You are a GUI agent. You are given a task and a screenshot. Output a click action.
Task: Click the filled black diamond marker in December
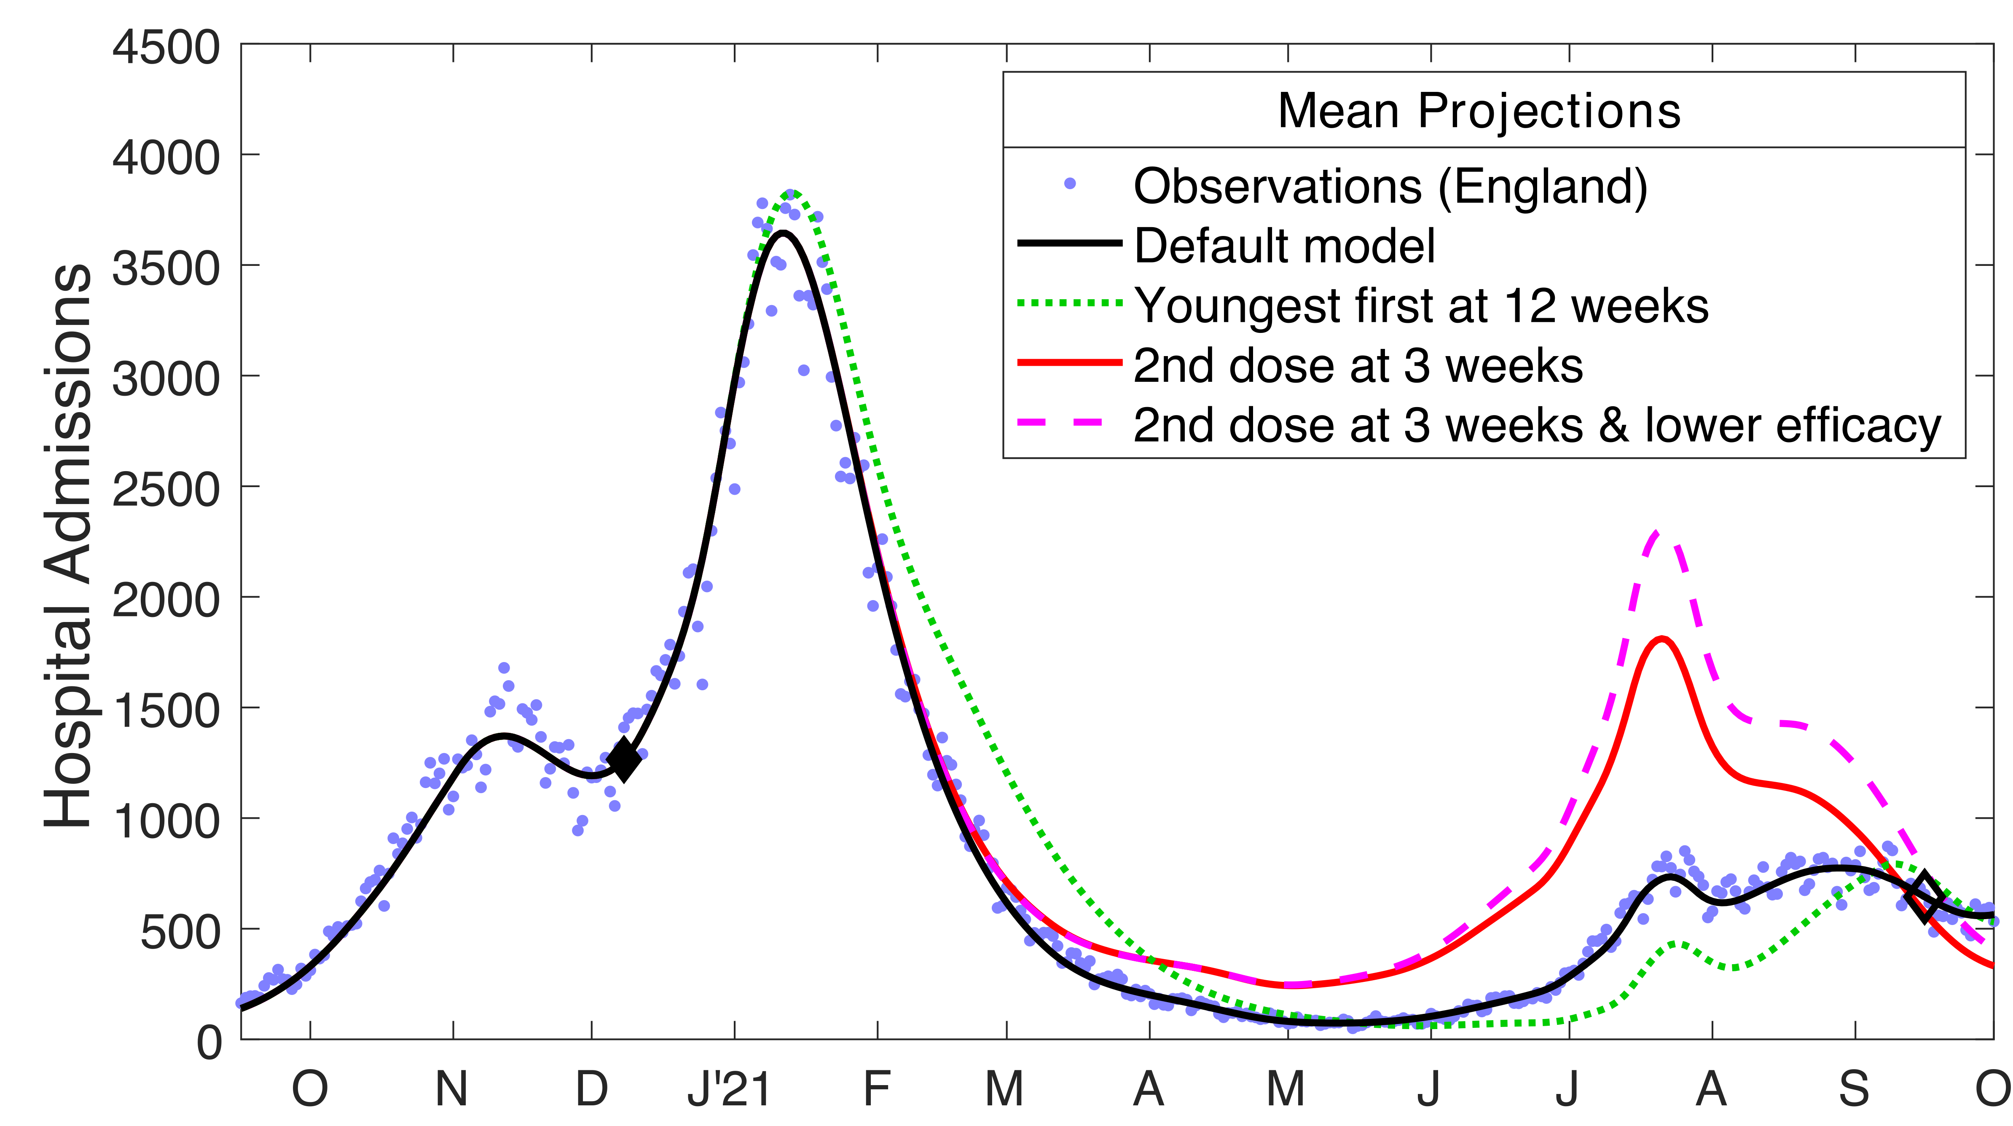point(624,759)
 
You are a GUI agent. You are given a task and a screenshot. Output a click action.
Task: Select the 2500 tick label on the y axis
point(166,490)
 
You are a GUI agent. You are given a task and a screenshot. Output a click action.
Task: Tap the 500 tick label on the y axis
point(180,932)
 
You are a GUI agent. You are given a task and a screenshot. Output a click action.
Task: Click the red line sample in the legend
point(1069,362)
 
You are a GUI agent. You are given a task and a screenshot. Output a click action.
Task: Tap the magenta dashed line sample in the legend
point(1069,423)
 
